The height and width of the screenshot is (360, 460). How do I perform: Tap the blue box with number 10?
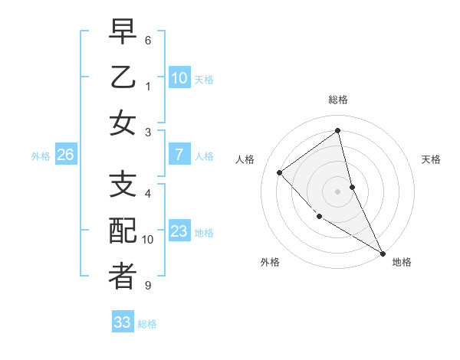coord(179,77)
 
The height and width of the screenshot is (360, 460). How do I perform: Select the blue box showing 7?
coord(179,155)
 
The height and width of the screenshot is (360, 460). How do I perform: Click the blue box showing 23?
coord(179,231)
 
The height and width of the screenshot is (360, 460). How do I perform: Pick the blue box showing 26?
coord(65,155)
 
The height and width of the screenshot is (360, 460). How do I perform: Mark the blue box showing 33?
coord(122,322)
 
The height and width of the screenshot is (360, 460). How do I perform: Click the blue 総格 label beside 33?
coord(147,324)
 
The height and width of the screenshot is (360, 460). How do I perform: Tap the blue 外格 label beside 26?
coord(41,156)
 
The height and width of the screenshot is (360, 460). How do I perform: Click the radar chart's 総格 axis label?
coord(338,100)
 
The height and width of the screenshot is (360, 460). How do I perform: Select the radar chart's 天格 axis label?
coord(432,159)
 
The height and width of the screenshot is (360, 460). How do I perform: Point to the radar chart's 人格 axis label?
coord(245,159)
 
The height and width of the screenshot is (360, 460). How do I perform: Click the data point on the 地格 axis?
coord(383,253)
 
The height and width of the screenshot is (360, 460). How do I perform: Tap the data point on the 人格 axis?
coord(280,172)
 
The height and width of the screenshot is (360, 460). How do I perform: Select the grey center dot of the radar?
coord(338,191)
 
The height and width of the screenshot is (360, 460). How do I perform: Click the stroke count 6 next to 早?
coord(147,40)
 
